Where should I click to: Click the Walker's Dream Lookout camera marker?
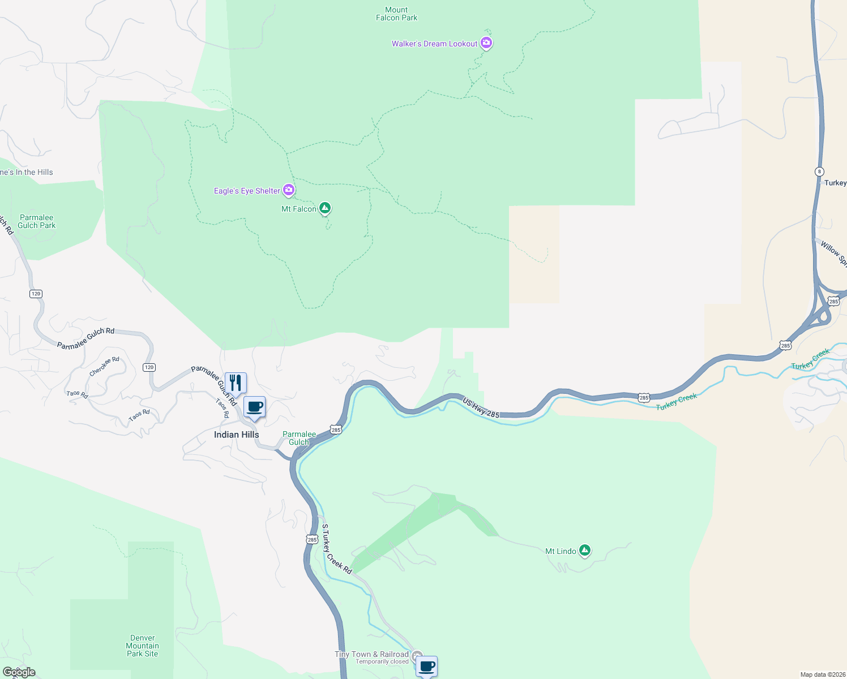tap(486, 43)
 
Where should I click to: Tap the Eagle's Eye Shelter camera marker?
tap(289, 190)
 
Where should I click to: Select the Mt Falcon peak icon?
tap(324, 208)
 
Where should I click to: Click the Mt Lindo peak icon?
tap(585, 550)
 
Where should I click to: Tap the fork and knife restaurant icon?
tap(236, 383)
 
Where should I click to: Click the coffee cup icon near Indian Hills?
tap(255, 407)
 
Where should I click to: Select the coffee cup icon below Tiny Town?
tap(427, 666)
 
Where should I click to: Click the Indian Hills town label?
tap(236, 435)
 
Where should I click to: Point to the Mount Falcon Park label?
tap(396, 14)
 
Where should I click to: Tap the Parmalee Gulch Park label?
tap(36, 221)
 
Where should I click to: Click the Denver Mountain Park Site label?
tap(142, 646)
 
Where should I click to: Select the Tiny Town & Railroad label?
tap(371, 654)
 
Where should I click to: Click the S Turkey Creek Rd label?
tap(336, 549)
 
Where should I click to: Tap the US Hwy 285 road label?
tap(481, 408)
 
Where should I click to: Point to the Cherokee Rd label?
tap(104, 366)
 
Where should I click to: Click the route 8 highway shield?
tap(819, 171)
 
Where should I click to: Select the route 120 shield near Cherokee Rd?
tap(149, 367)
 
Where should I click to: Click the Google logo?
tap(19, 672)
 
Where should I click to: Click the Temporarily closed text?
tap(382, 661)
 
